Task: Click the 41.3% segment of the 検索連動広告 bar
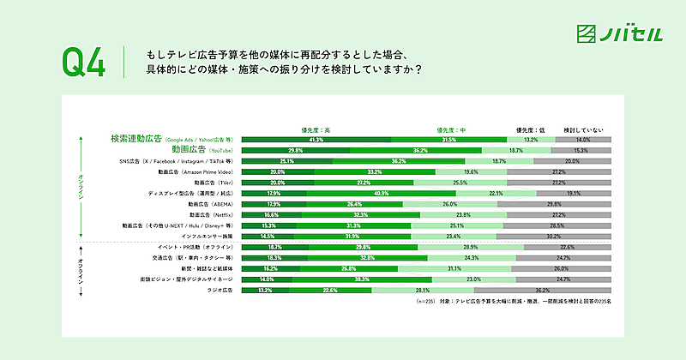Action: pos(316,139)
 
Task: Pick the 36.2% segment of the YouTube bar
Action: pos(420,150)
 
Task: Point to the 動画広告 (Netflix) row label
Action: pos(211,215)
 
